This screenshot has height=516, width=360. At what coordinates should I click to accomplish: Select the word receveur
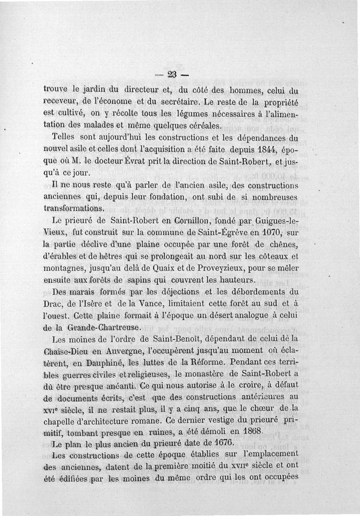(62, 100)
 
